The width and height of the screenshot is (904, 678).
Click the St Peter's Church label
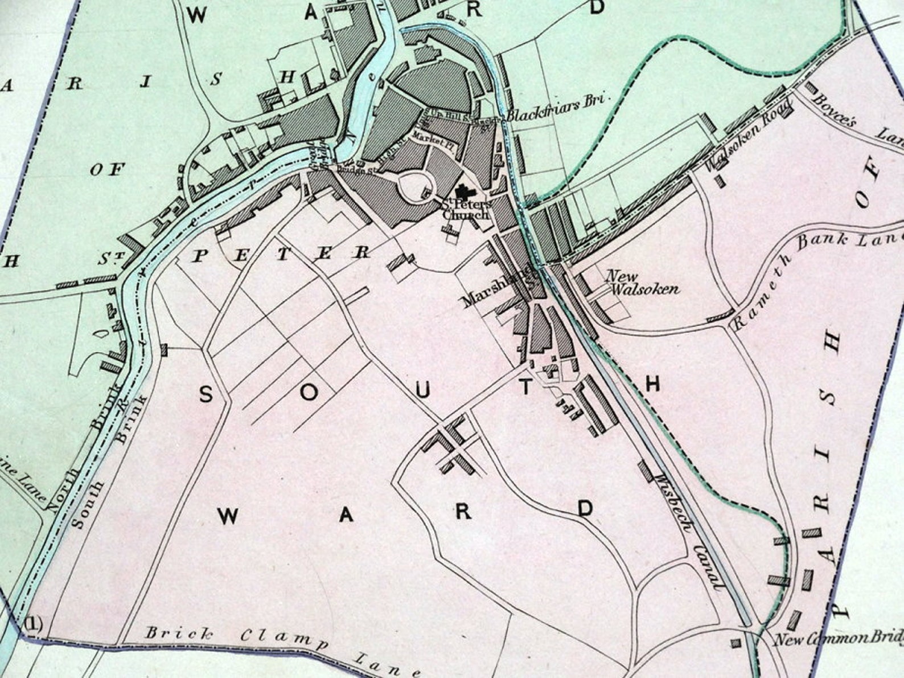point(466,209)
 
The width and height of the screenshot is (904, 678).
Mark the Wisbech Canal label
point(689,533)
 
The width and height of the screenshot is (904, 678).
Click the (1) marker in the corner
point(33,624)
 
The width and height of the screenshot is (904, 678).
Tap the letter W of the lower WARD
point(228,516)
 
